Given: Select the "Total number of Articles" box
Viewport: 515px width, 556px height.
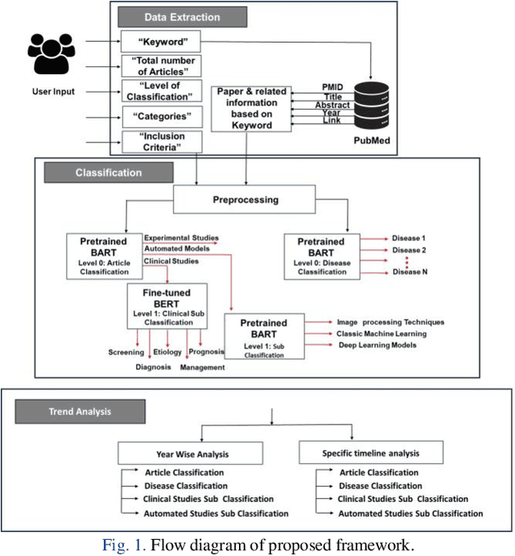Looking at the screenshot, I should point(160,65).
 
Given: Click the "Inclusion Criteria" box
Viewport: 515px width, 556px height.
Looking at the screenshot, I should point(160,142).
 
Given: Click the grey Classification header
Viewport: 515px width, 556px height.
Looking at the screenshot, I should point(109,172).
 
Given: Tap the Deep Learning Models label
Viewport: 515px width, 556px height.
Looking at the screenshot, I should point(377,344).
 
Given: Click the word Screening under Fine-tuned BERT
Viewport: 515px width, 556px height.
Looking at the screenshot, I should point(127,352).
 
